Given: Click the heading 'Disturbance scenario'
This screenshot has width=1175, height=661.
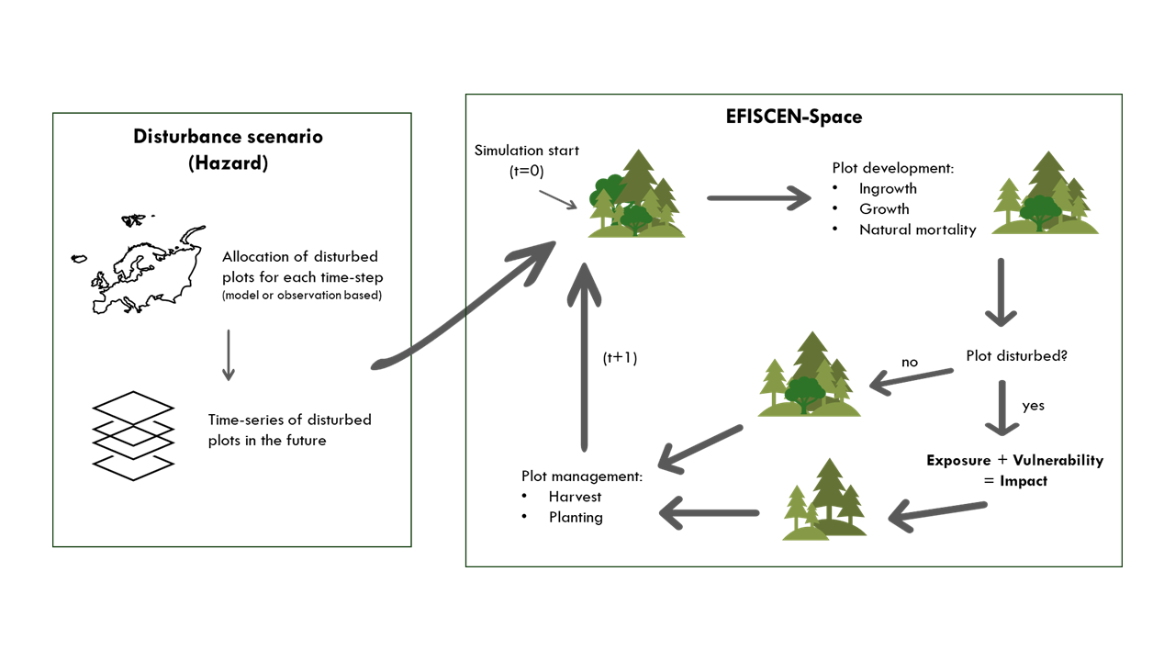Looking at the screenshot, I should (229, 137).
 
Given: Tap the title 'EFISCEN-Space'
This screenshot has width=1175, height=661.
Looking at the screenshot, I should (792, 117).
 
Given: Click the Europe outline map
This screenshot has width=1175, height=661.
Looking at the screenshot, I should (139, 266).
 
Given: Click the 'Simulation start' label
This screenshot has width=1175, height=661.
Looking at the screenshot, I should (526, 150).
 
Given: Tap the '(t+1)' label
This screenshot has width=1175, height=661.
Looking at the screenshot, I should (620, 358).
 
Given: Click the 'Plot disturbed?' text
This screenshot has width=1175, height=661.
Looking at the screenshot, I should (1016, 355).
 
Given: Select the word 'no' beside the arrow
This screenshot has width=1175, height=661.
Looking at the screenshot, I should (910, 362).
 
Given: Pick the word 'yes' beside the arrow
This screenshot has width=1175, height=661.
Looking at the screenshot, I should (1033, 405).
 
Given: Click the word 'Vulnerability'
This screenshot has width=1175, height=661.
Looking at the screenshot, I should (1057, 460).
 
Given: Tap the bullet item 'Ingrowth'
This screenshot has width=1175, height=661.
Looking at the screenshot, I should (888, 188).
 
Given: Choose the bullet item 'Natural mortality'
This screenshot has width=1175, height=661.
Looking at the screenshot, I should (917, 230).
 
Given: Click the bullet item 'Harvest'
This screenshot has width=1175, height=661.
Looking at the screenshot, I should (575, 496).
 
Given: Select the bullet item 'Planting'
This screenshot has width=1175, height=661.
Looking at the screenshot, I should (576, 517).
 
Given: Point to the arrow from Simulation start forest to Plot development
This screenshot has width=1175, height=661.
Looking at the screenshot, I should (758, 197).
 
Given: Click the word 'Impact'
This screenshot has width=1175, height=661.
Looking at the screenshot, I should (1024, 480).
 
